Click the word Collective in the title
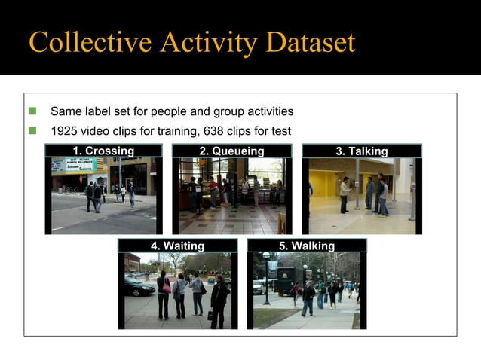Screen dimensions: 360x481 coord(81,42)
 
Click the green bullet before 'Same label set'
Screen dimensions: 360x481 coord(32,111)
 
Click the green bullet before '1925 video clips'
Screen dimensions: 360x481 coord(32,131)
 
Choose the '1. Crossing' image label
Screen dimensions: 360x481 coord(103,151)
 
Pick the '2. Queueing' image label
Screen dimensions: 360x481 coord(231,151)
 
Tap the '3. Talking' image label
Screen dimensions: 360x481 coord(361,151)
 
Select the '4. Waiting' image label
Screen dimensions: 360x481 coord(177,246)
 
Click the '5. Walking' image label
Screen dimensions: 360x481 coord(306,246)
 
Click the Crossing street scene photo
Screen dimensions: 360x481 coord(103,196)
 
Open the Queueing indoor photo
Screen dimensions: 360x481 coord(231,196)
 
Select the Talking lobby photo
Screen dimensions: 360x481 coord(361,196)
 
